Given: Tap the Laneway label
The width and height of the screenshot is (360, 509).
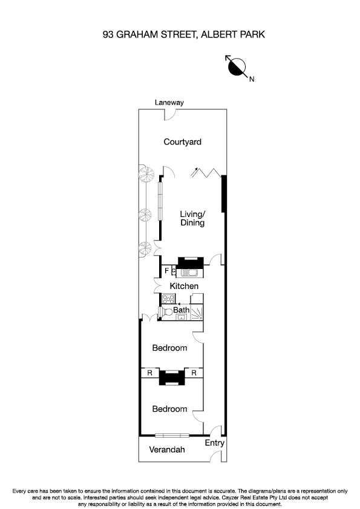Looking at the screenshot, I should coord(168,103).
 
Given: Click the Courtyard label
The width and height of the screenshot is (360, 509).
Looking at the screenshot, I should coord(182,143).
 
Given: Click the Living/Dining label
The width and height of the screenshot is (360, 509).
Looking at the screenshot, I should coord(192,218).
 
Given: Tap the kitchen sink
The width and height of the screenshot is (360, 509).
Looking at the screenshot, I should coord(195,273).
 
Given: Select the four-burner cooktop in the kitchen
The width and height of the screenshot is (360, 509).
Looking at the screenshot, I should coord(168,299).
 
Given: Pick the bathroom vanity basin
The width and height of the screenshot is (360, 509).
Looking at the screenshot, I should coord(181,317).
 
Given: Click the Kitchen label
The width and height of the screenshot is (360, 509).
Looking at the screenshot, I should coord(184,285).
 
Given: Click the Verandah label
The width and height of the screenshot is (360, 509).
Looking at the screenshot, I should coord(167,450).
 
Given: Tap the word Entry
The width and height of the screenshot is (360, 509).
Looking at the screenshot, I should coord(214,443).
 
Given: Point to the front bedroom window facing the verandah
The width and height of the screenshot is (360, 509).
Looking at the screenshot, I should coord(172,435).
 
